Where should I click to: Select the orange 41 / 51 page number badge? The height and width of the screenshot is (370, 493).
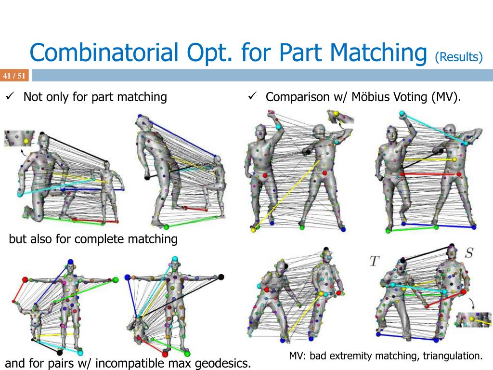click(x=14, y=76)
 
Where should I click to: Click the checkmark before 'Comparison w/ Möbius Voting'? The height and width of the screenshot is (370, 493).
click(x=251, y=97)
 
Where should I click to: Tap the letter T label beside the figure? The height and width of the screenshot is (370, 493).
click(x=375, y=261)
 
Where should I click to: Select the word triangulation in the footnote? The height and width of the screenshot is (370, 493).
click(x=453, y=356)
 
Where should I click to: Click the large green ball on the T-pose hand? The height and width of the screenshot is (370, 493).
click(x=116, y=279)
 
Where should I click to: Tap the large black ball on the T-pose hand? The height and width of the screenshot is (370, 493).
click(x=221, y=277)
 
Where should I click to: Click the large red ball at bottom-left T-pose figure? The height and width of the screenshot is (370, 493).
click(x=25, y=279)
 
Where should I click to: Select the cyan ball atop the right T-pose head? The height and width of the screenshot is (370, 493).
click(x=175, y=260)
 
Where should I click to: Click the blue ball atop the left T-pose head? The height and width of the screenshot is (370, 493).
click(x=71, y=262)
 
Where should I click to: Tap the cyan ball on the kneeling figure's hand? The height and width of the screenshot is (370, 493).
click(x=20, y=195)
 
